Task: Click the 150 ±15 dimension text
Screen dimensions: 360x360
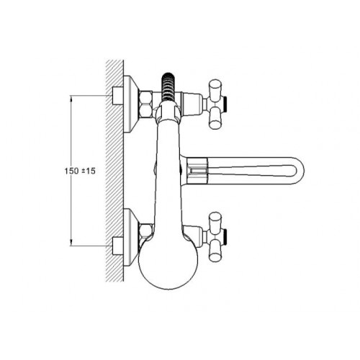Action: (x=80, y=171)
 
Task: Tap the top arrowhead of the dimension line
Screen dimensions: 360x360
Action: (x=71, y=98)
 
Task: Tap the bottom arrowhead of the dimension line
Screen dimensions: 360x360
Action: (x=71, y=243)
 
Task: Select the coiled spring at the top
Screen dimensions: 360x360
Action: (x=169, y=87)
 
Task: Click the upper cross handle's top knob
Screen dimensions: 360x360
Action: (x=215, y=88)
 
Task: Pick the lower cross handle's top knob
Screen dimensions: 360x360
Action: (x=215, y=221)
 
